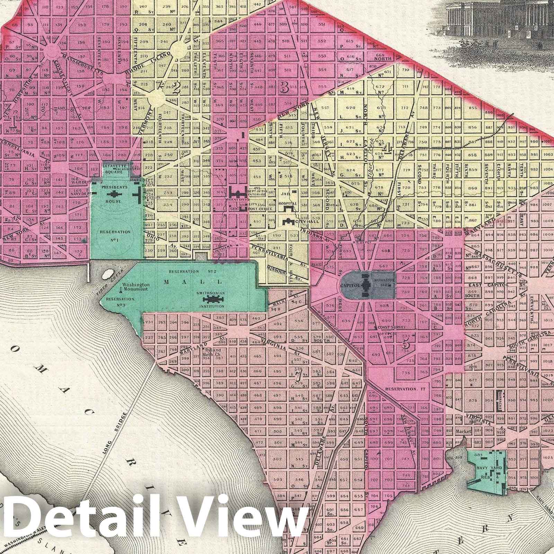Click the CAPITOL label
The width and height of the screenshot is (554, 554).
click(x=350, y=286)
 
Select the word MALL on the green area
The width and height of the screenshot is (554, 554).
click(x=180, y=282)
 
